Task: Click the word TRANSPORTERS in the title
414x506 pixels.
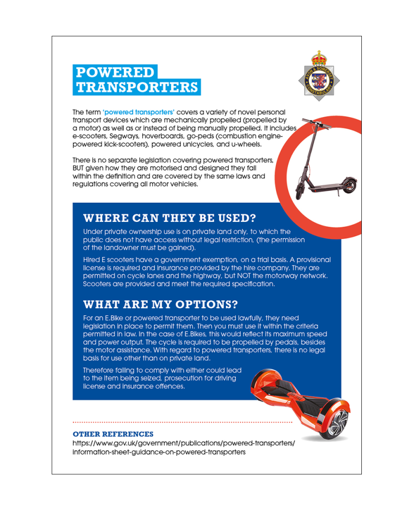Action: [136, 87]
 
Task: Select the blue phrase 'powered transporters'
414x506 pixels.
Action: [139, 113]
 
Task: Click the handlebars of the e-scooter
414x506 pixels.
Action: [316, 125]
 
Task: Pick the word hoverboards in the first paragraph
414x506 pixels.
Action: [160, 135]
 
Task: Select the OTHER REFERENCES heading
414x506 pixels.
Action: [113, 434]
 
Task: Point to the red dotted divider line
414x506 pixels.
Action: [182, 422]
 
